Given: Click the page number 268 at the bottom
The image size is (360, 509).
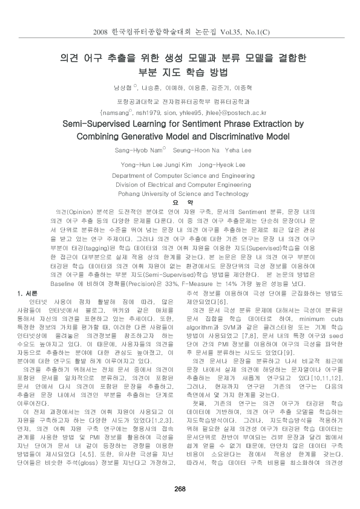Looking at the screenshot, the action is click(x=180, y=488).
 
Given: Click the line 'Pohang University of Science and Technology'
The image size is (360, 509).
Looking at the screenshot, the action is click(x=180, y=193).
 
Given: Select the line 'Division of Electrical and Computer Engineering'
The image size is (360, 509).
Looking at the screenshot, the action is click(x=180, y=184).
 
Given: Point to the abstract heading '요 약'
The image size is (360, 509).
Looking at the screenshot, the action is click(x=180, y=203).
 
